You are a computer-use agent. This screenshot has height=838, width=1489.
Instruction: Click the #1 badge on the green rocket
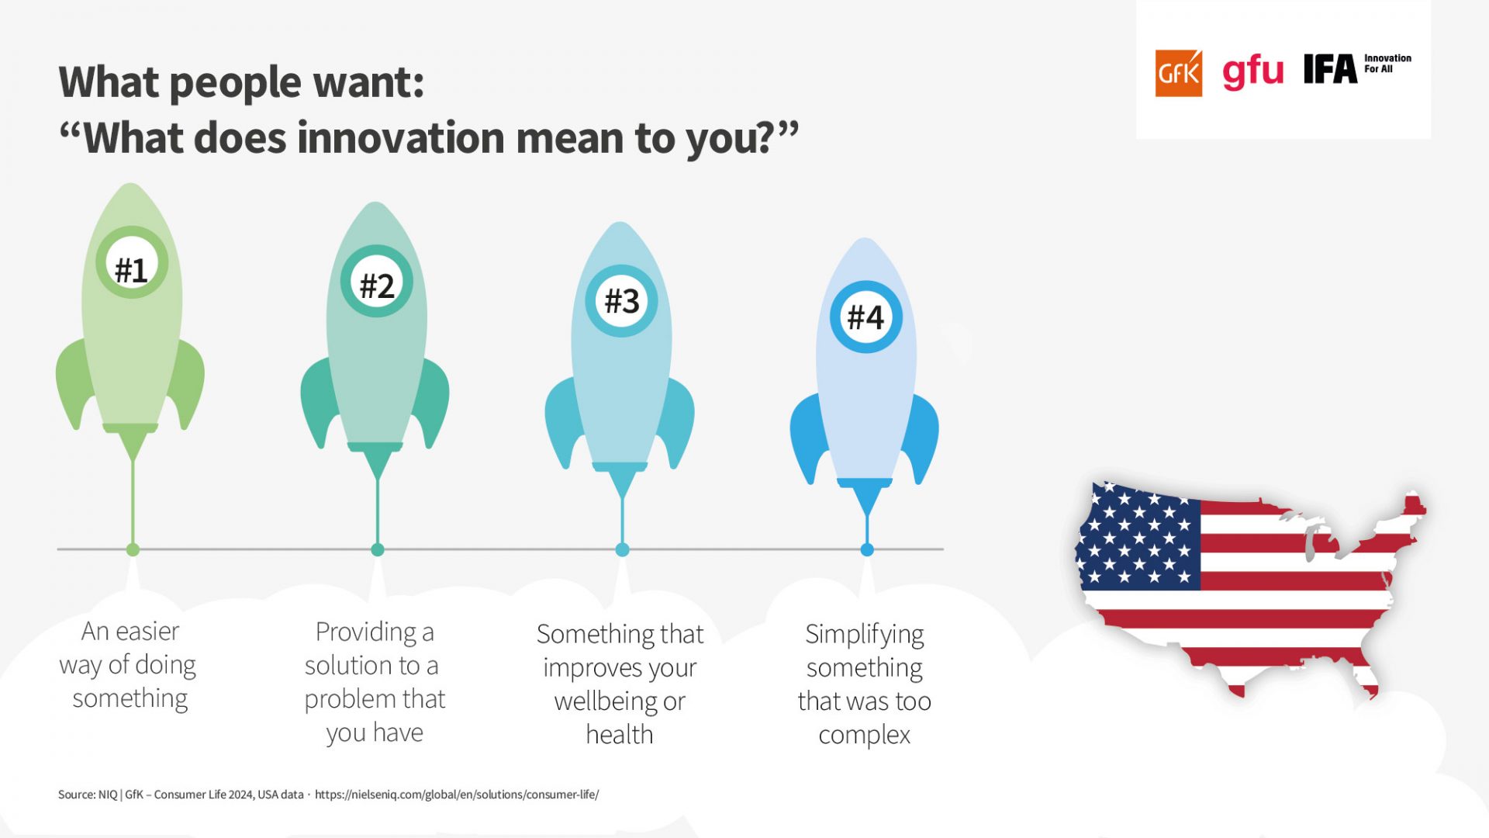(132, 263)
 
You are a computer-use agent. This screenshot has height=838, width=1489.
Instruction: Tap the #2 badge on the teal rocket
(377, 281)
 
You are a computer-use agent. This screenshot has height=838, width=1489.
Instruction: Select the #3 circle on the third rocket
(621, 300)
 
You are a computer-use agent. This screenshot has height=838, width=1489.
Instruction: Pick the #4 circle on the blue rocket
(866, 317)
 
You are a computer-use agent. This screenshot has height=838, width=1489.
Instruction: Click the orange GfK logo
(1179, 73)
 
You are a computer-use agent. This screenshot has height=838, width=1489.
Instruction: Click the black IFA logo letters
(1330, 69)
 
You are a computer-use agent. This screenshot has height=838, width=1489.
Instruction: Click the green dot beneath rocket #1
(133, 549)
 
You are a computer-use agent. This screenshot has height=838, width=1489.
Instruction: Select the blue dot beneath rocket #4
(867, 549)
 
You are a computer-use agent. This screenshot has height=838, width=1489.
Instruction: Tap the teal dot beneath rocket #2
(378, 549)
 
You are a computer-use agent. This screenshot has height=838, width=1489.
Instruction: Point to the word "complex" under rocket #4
(865, 735)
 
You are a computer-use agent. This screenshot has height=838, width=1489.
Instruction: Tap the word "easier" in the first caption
(147, 632)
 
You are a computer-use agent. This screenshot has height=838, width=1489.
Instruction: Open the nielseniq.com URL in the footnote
(457, 795)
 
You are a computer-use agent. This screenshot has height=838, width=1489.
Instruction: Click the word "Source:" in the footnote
(77, 795)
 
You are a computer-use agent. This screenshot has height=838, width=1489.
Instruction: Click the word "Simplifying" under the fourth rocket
(865, 635)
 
